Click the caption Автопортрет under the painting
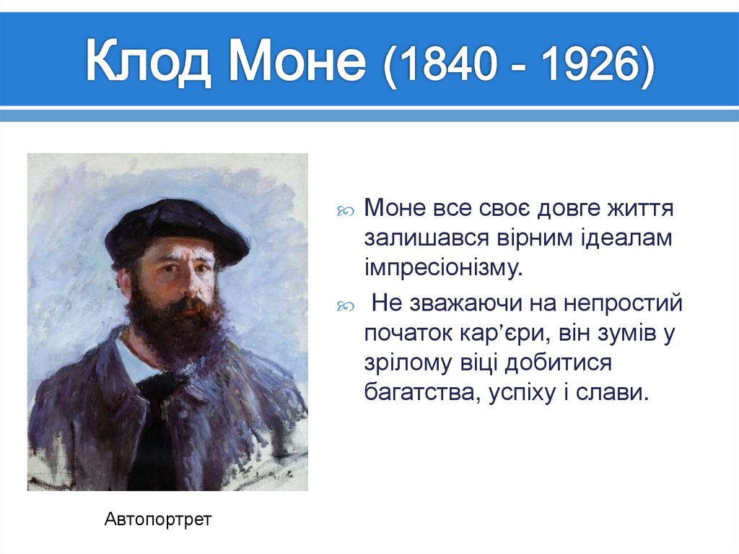coord(158,519)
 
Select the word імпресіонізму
coord(443,267)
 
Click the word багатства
coord(416,392)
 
